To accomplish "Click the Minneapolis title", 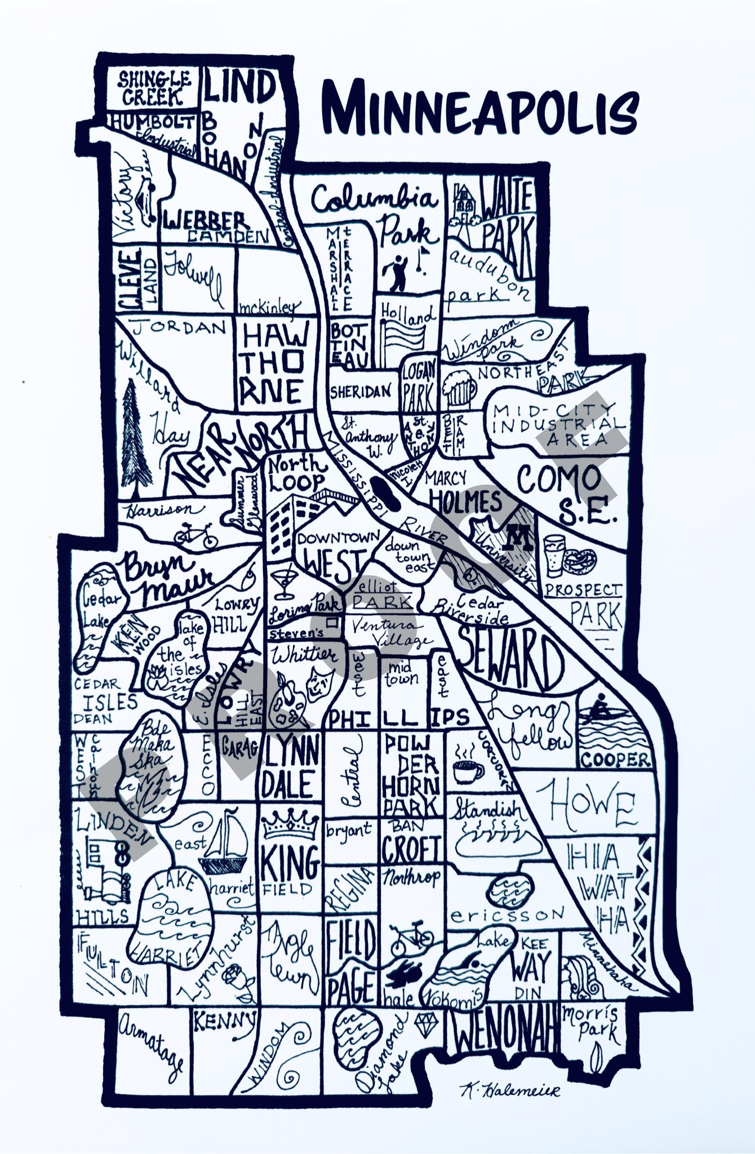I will pos(482,107).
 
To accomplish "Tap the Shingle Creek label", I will pos(153,88).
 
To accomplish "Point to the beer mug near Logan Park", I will pos(458,389).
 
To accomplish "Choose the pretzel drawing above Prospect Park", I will pos(580,561).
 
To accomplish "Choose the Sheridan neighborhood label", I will pos(361,392).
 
